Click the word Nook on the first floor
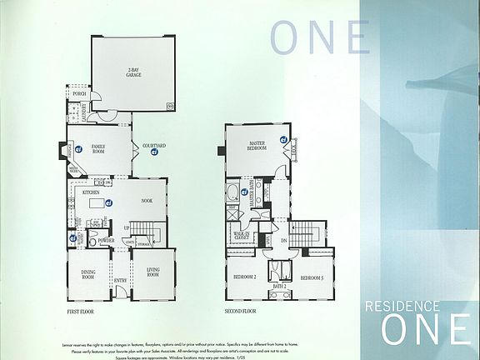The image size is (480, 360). tap(146, 200)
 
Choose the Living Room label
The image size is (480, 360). tap(152, 271)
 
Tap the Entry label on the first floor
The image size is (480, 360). tap(120, 281)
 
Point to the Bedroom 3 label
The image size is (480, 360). tap(312, 277)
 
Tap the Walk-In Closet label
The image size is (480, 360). tap(242, 236)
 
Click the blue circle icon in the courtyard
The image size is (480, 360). tap(154, 161)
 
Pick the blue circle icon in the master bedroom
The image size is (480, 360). tap(283, 139)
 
